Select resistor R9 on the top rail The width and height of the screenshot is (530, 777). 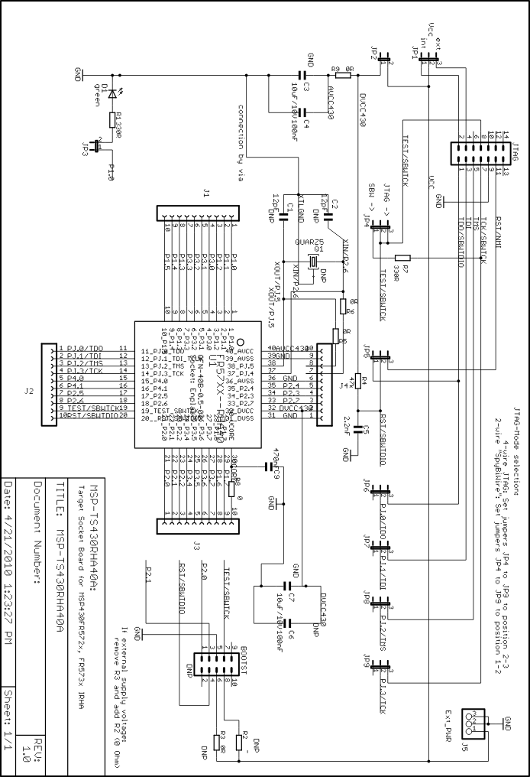click(x=343, y=75)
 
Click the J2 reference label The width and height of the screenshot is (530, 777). click(x=29, y=392)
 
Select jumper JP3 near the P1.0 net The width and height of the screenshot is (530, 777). click(x=99, y=144)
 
